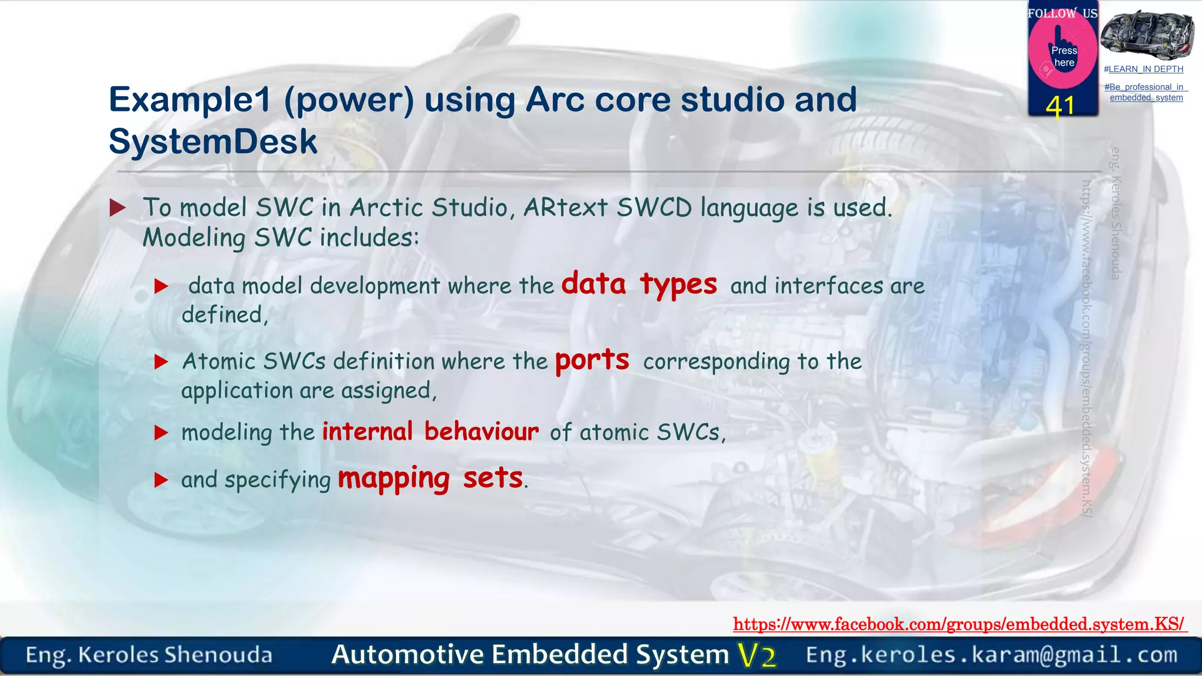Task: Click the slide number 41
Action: coord(1060,107)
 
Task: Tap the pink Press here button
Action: coord(1063,55)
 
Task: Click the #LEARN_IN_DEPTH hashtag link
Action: coord(1143,69)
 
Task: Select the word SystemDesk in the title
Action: coord(213,142)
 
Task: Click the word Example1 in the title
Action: coord(190,100)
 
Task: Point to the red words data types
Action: coord(639,285)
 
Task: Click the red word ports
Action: coord(592,360)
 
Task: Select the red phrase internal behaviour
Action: coord(430,432)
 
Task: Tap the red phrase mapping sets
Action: coord(430,478)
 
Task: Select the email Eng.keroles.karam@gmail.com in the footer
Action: coord(991,655)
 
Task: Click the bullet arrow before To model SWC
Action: coord(118,208)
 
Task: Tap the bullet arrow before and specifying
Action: coord(161,481)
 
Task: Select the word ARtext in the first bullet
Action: coord(565,208)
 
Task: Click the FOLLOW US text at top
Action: coord(1062,13)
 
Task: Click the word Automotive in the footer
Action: coord(407,655)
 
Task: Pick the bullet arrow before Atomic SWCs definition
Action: coord(161,361)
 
